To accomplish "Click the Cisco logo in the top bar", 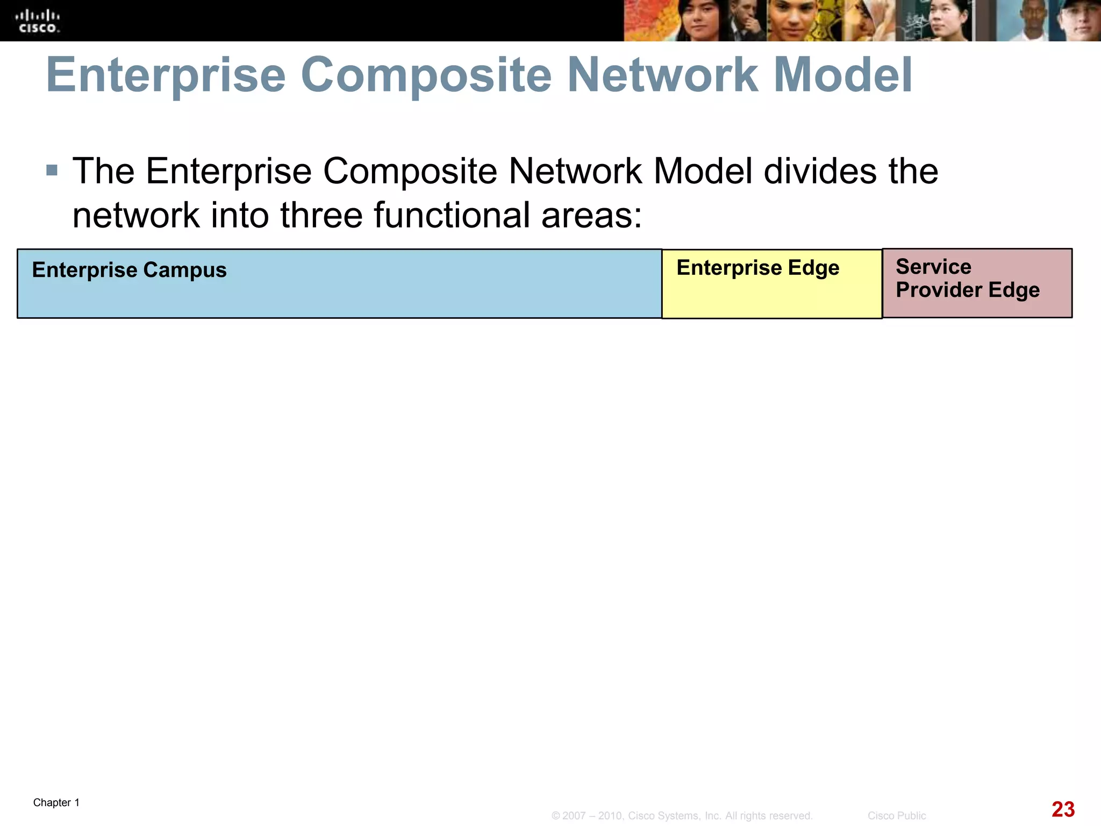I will (x=37, y=22).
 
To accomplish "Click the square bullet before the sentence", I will (x=52, y=171).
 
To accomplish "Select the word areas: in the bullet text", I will (x=592, y=215).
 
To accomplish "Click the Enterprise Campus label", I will (x=129, y=270).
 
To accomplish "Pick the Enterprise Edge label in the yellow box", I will (x=757, y=267).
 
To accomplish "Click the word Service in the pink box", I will (x=933, y=267).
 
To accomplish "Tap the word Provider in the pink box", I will (x=939, y=290).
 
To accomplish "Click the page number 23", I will (x=1063, y=809).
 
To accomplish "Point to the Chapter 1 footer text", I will (x=56, y=802).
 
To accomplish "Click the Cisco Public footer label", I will (x=896, y=816).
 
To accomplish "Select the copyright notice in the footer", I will (x=682, y=816).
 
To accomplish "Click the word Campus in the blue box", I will (x=185, y=270).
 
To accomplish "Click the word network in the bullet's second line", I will (x=136, y=215).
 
